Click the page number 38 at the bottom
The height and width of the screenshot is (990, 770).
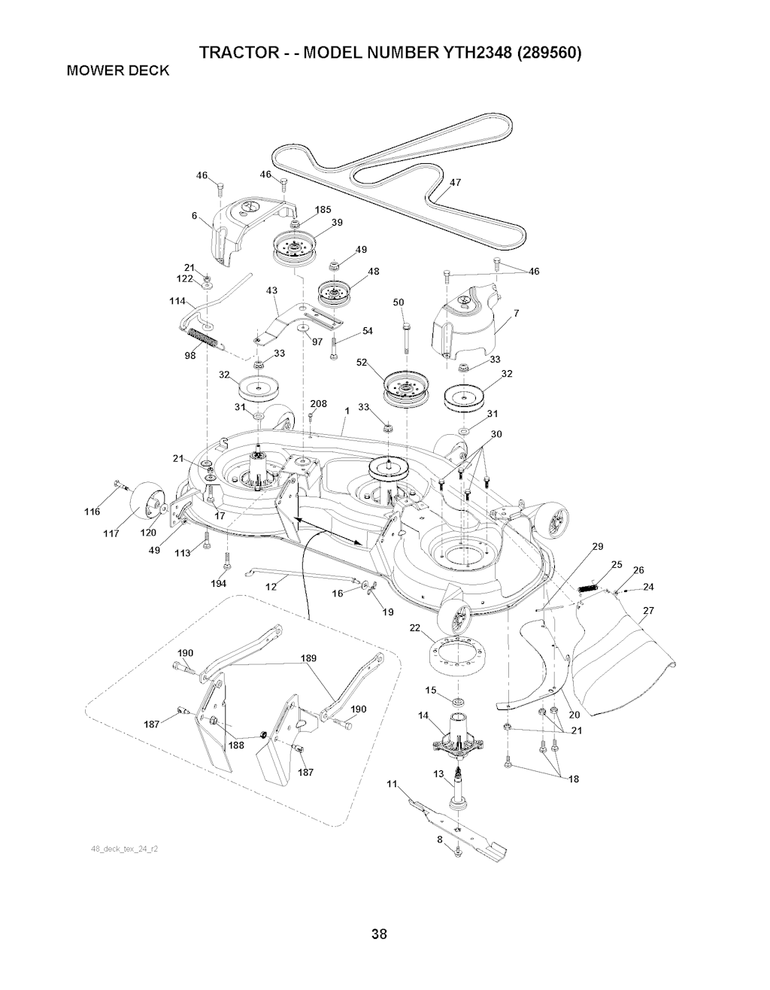click(x=379, y=935)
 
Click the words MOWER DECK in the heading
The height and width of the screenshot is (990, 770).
click(x=118, y=71)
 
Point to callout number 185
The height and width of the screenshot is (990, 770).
click(x=323, y=209)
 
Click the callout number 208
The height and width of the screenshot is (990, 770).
click(x=319, y=404)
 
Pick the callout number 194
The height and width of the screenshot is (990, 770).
click(x=220, y=583)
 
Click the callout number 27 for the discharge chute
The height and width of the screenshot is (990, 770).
click(x=647, y=610)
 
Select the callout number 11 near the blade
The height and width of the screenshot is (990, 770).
click(x=391, y=785)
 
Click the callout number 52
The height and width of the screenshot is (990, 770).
click(x=362, y=362)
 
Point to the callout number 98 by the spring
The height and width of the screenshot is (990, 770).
click(x=189, y=357)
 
